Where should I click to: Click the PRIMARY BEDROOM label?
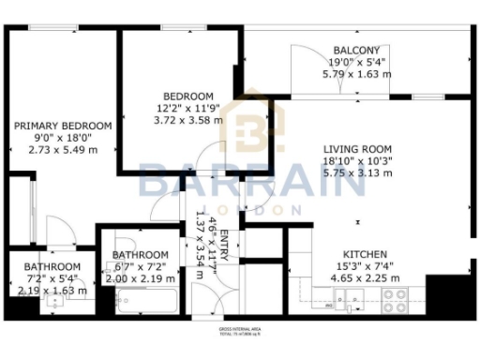click(x=63, y=126)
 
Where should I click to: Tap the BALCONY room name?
click(x=356, y=50)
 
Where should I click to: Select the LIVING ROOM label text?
click(x=357, y=149)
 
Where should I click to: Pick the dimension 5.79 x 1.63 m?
click(x=356, y=73)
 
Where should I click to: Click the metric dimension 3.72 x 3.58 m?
click(x=187, y=120)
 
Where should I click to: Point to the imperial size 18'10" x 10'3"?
click(x=357, y=161)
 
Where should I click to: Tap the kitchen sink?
click(x=353, y=300)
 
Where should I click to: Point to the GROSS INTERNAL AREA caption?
click(x=241, y=330)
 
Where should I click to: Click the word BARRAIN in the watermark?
click(x=251, y=181)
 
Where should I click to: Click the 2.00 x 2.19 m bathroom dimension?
click(x=141, y=278)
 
